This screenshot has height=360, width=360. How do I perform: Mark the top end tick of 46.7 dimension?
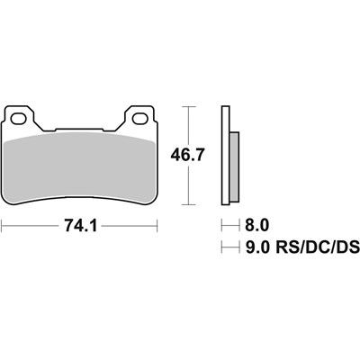click(187, 106)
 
